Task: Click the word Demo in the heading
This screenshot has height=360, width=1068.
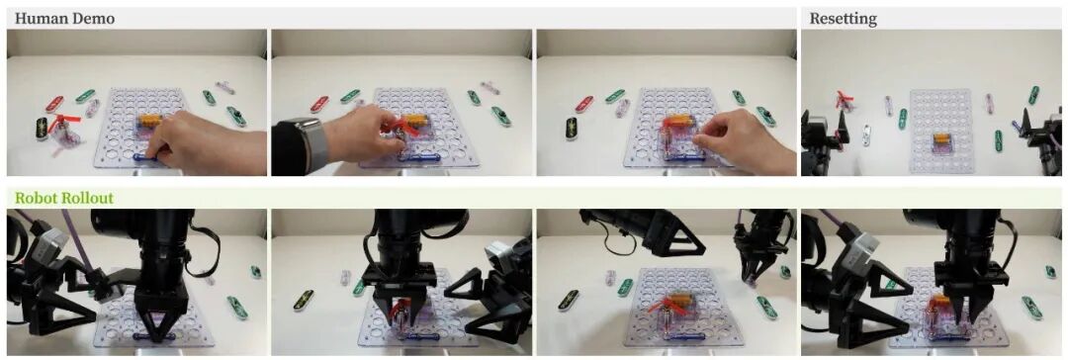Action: pos(91,19)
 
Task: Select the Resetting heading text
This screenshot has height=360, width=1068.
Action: pos(843,19)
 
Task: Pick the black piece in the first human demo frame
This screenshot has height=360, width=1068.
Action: pos(43,129)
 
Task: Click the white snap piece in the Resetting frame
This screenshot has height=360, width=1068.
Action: pos(865,134)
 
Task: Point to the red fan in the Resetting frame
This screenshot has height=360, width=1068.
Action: pos(845,100)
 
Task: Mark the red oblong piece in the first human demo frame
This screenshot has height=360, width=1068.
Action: pos(54,104)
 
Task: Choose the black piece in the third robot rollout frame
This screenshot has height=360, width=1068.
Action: pos(568,300)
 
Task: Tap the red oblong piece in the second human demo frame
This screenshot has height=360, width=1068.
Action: pos(318,104)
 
